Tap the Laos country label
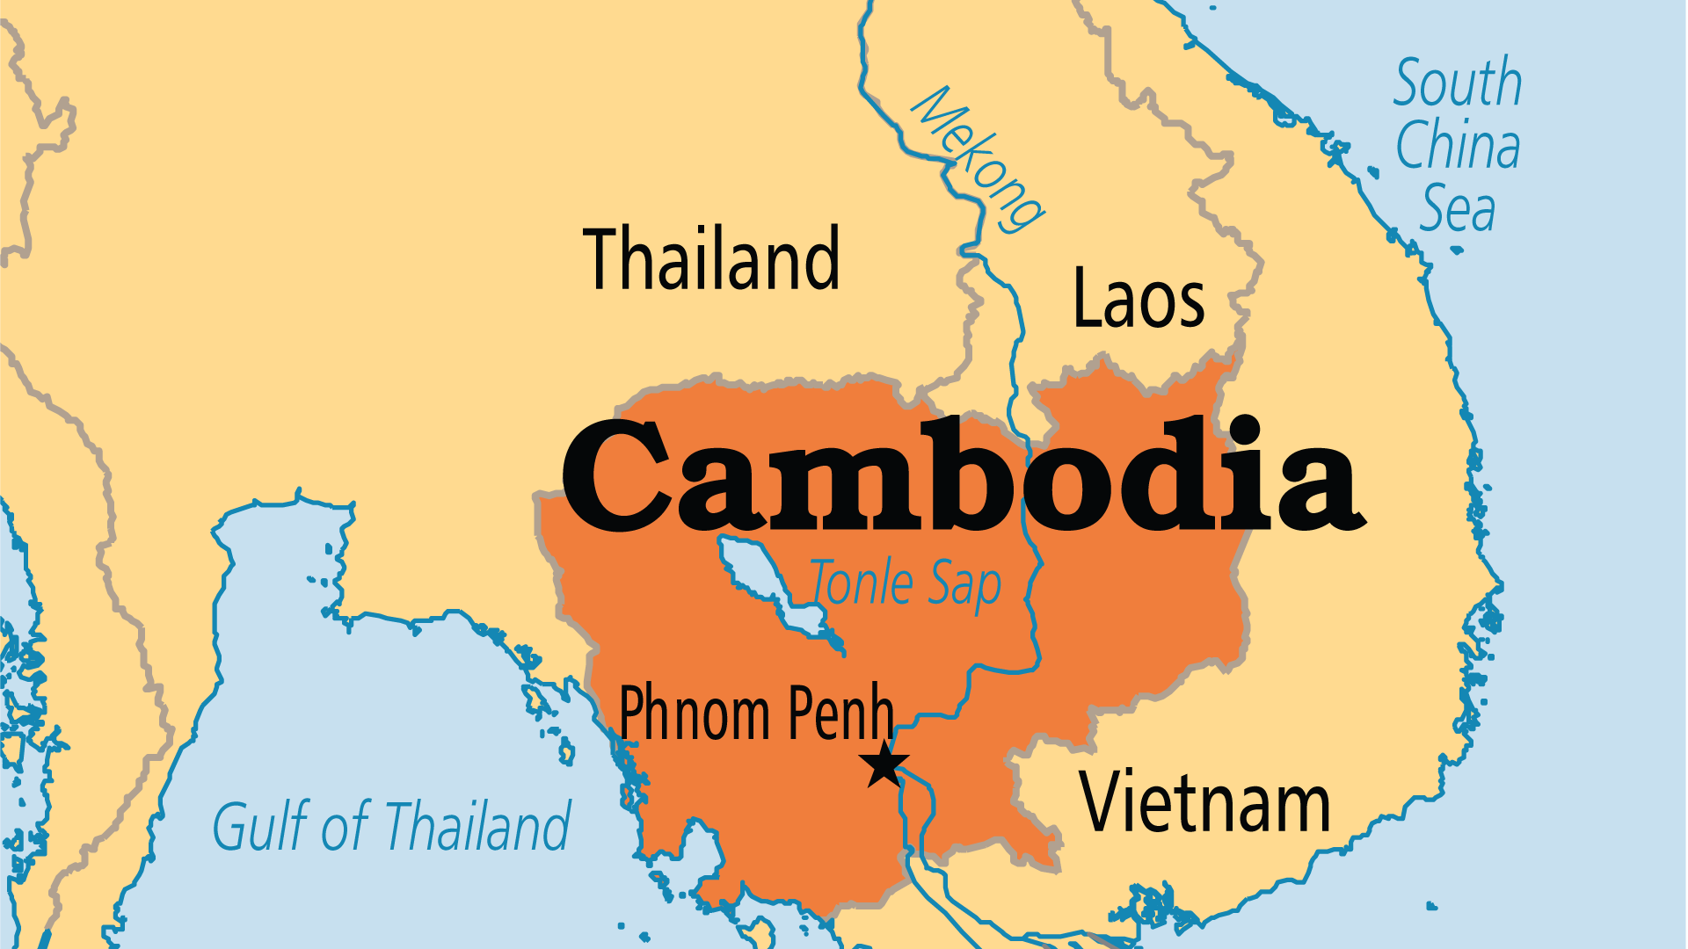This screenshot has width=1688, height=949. [x=1139, y=299]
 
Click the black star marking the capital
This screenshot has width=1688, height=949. [x=884, y=764]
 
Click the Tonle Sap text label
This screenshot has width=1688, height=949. [x=906, y=583]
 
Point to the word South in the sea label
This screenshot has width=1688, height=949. [x=1458, y=83]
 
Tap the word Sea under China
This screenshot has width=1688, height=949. [x=1458, y=209]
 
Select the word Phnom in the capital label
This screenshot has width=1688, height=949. [x=695, y=714]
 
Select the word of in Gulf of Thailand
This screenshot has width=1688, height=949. [x=345, y=826]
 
